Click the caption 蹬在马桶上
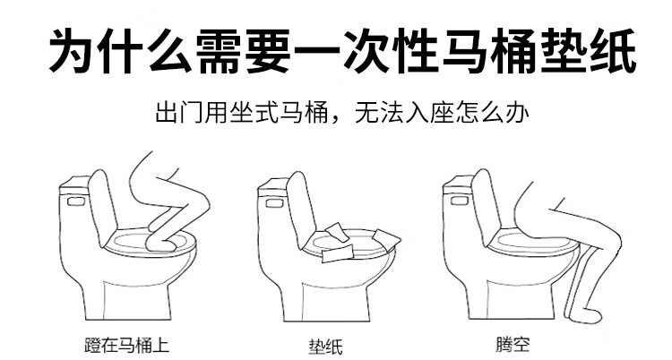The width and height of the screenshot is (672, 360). click(126, 346)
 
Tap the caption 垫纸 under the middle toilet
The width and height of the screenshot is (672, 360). click(326, 347)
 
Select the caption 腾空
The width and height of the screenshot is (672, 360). click(513, 345)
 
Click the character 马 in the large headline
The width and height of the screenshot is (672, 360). click(465, 51)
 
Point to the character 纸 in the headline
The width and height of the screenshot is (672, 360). click(613, 51)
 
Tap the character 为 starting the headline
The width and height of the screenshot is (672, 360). click(72, 51)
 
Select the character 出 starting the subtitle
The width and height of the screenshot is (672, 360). click(167, 112)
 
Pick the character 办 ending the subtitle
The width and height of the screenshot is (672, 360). click(517, 112)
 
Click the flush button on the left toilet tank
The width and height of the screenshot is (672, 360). click(77, 200)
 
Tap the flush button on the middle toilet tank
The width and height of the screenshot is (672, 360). click(274, 201)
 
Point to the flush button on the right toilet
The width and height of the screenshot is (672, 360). click(460, 200)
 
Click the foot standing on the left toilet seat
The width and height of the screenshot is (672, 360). click(160, 244)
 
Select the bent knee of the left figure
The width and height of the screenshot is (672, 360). click(200, 205)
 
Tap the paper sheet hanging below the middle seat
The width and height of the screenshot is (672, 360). click(337, 253)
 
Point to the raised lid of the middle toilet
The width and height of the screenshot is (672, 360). click(300, 207)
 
